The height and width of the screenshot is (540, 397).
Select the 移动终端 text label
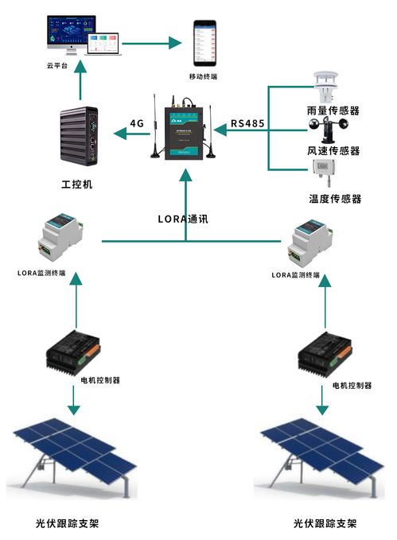tap(204, 76)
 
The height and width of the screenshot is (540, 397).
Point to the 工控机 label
tap(77, 184)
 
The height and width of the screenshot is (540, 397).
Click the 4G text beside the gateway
tap(138, 123)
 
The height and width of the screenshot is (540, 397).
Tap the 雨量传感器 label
tap(333, 111)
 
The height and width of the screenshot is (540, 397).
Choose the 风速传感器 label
tap(333, 150)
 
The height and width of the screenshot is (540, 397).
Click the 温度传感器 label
tap(335, 198)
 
